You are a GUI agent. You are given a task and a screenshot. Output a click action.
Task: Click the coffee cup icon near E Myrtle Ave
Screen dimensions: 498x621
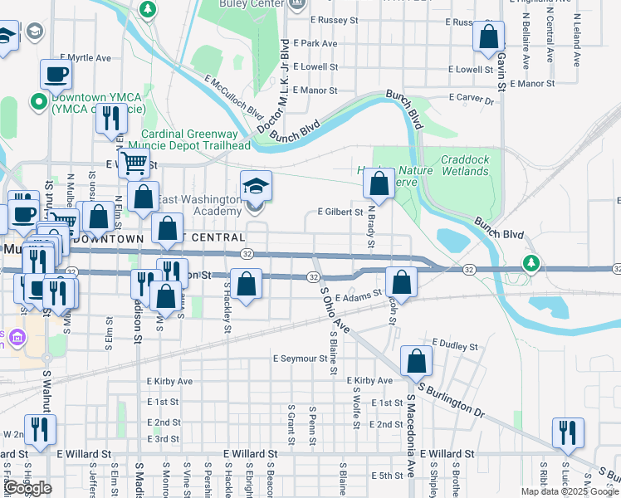pyautogui.click(x=56, y=73)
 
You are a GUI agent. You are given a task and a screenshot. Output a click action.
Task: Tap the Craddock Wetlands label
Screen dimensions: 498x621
pyautogui.click(x=465, y=165)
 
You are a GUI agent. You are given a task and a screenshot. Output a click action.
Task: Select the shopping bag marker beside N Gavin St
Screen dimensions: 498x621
pyautogui.click(x=489, y=36)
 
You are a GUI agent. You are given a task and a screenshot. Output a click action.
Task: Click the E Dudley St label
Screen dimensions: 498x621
pyautogui.click(x=455, y=345)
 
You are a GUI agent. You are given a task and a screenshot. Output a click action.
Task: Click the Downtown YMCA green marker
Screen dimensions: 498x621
pyautogui.click(x=37, y=103)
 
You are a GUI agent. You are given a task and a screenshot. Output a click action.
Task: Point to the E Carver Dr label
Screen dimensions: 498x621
pyautogui.click(x=471, y=98)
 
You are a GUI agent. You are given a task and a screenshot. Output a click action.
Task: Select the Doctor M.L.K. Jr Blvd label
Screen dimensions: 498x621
pyautogui.click(x=275, y=86)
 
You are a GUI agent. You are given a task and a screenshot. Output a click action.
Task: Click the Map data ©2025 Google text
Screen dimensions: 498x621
pyautogui.click(x=570, y=491)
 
